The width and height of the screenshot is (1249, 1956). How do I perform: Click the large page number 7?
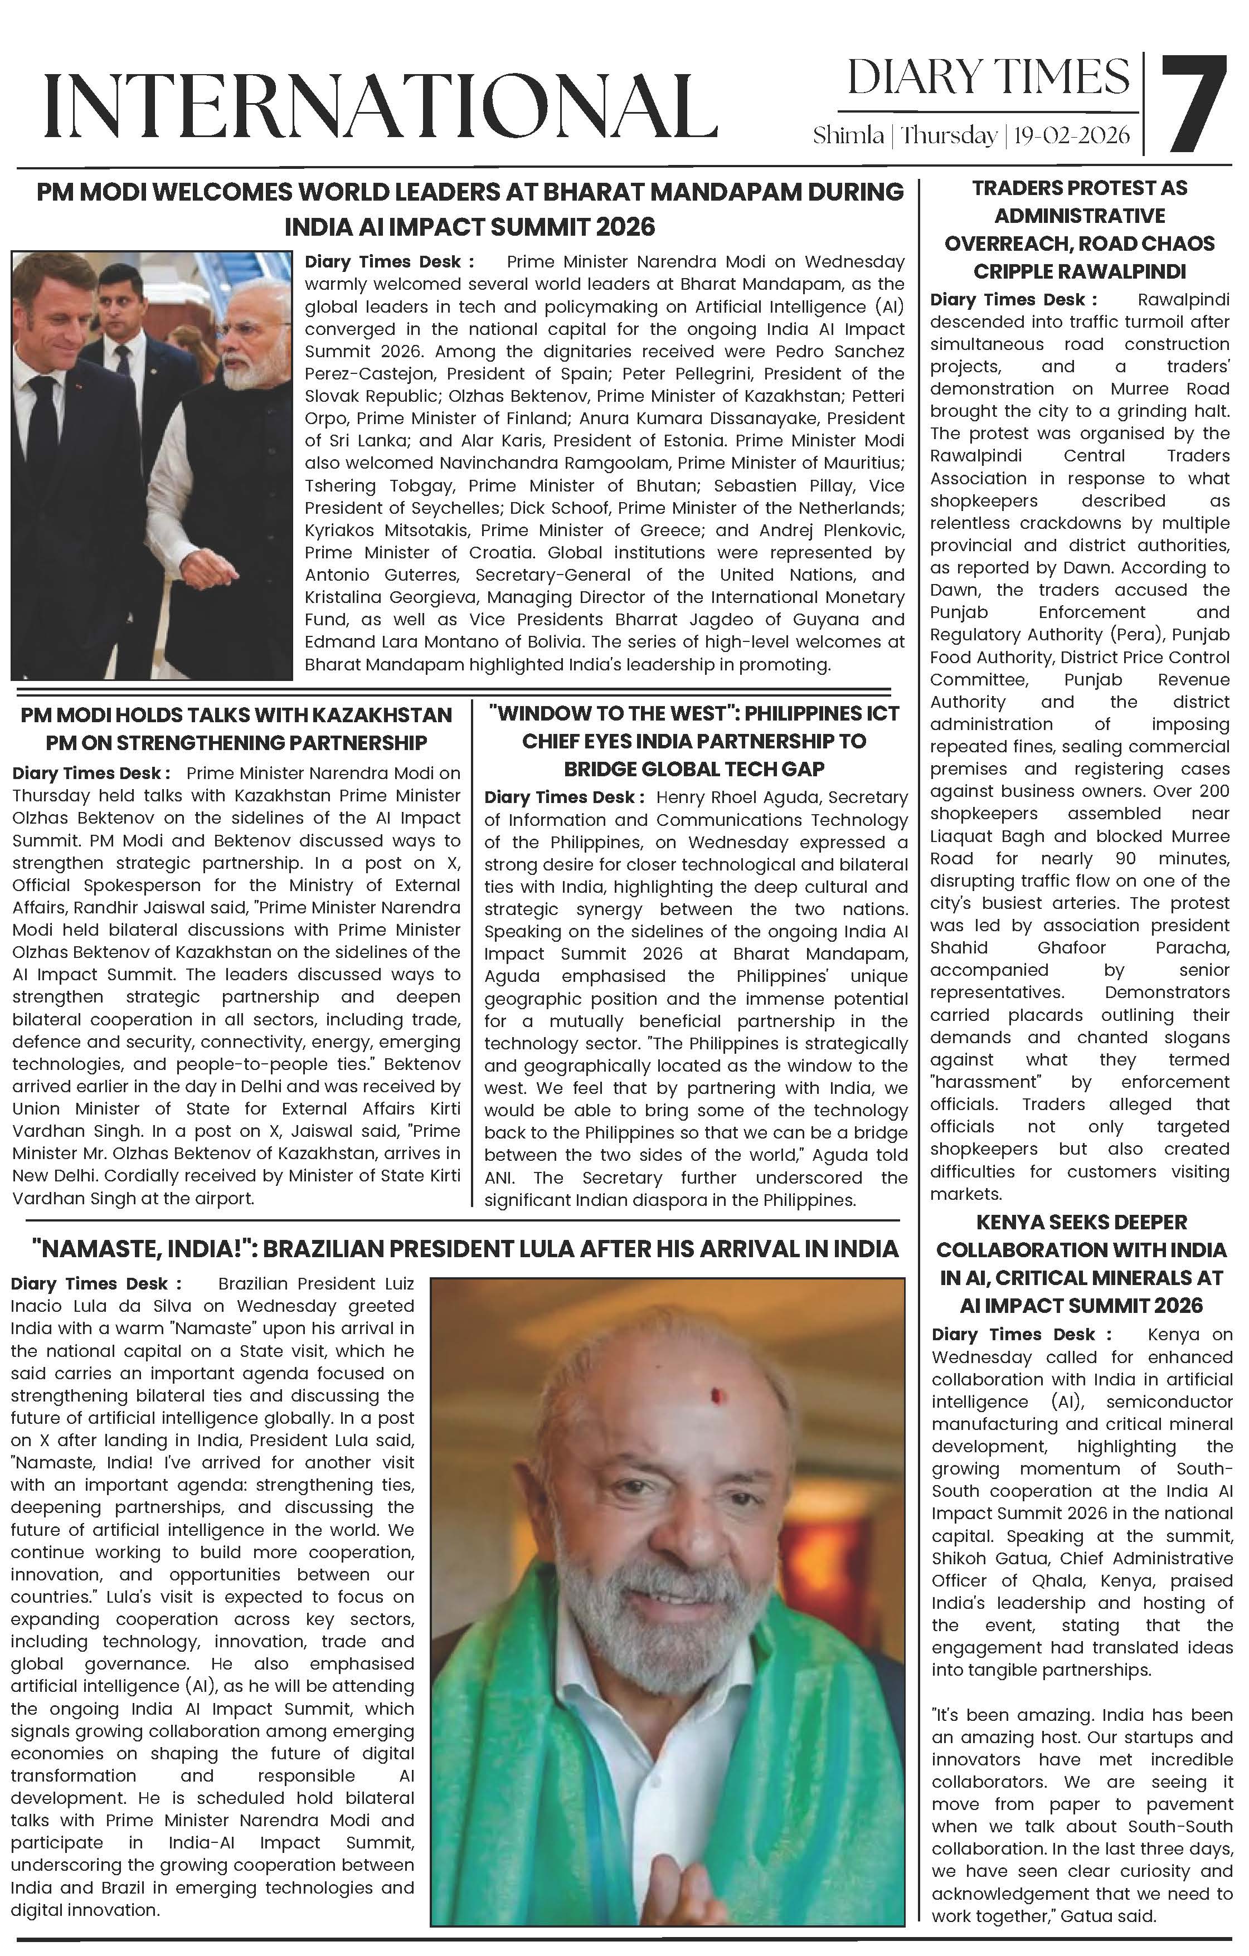click(1194, 104)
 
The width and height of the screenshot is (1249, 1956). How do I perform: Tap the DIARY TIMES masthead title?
click(988, 77)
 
